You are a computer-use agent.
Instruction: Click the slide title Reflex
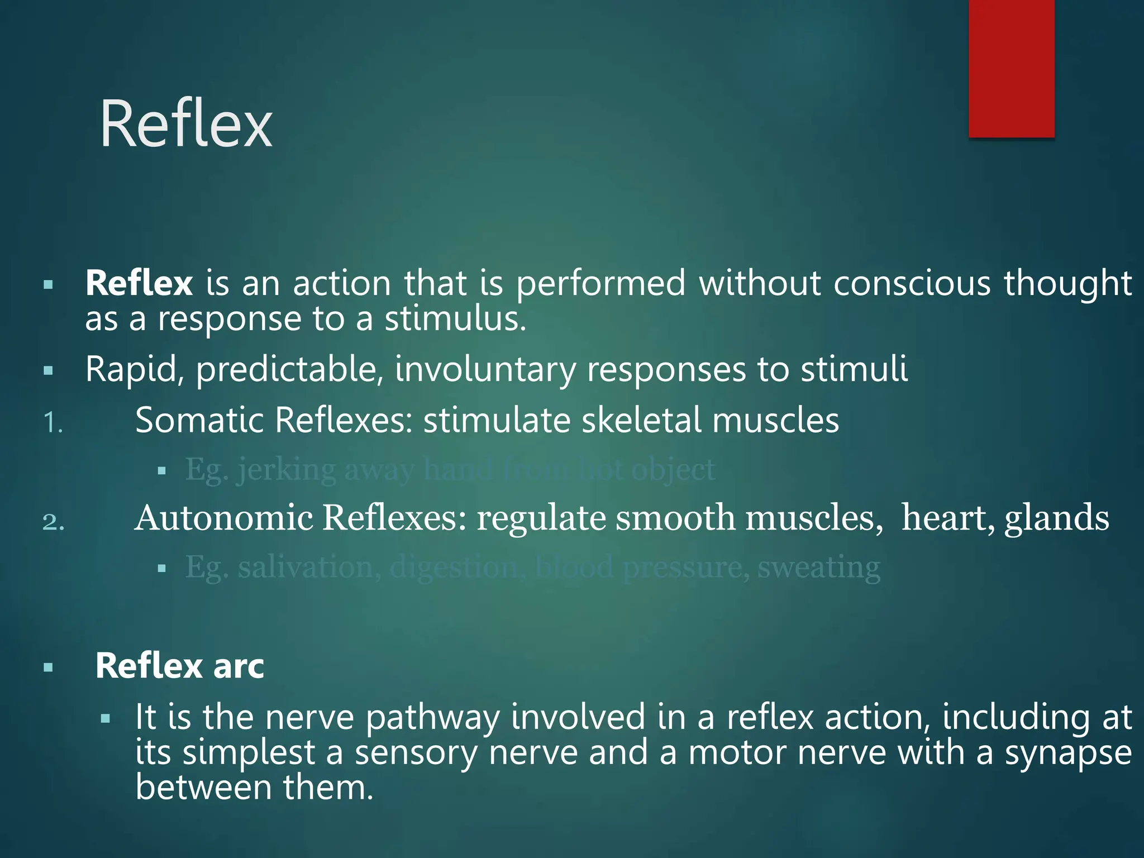(x=186, y=123)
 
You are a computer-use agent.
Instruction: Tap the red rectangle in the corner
(x=1011, y=68)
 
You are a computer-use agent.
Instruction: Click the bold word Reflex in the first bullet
(x=139, y=283)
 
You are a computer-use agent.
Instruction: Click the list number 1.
(x=53, y=423)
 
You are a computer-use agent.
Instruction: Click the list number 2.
(x=54, y=522)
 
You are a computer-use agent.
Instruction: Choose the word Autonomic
(x=224, y=517)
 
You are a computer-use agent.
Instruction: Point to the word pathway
(x=432, y=718)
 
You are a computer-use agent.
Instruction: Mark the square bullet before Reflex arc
(x=49, y=667)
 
